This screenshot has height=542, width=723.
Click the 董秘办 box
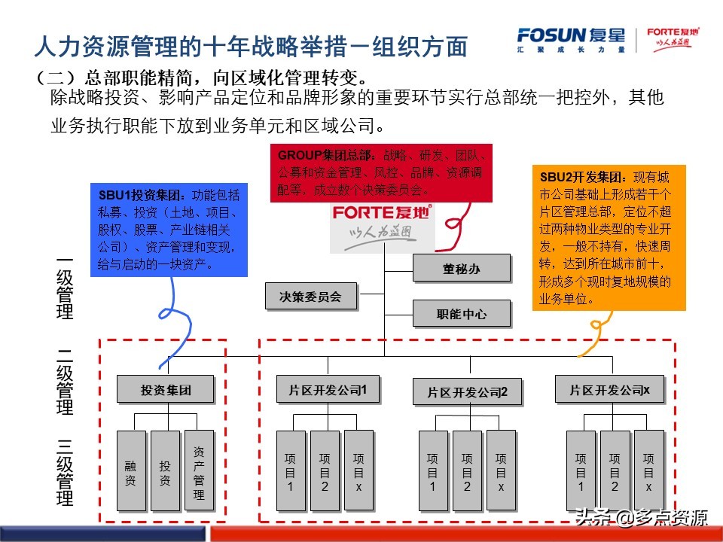point(461,268)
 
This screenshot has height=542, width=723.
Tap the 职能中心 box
point(461,313)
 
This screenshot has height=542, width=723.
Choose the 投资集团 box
point(165,390)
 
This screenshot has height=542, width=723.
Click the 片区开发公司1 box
point(327,390)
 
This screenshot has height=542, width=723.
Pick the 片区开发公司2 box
point(467,392)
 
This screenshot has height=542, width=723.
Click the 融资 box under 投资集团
point(130,470)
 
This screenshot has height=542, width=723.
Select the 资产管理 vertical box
point(199,470)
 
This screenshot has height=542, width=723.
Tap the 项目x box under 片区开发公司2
point(501,470)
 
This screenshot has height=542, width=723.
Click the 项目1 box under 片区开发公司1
point(291,470)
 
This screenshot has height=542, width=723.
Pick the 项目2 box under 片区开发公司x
point(615,470)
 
